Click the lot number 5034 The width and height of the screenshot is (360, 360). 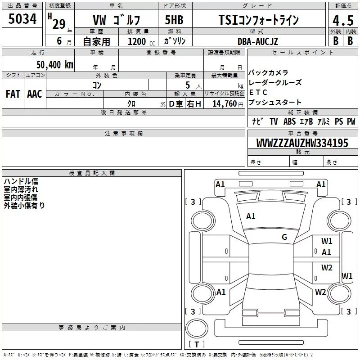coord(22,19)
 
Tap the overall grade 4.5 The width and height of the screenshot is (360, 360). coord(343,20)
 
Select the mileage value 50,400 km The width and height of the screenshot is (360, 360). coord(55,65)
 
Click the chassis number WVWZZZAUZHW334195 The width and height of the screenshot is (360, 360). coord(302,143)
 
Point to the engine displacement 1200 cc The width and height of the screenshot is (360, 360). coord(141,42)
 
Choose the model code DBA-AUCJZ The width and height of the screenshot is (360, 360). coord(258,41)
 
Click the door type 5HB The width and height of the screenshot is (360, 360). coord(174,20)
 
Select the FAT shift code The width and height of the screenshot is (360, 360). coord(13,94)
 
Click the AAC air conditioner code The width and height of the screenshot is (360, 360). coord(35,94)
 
